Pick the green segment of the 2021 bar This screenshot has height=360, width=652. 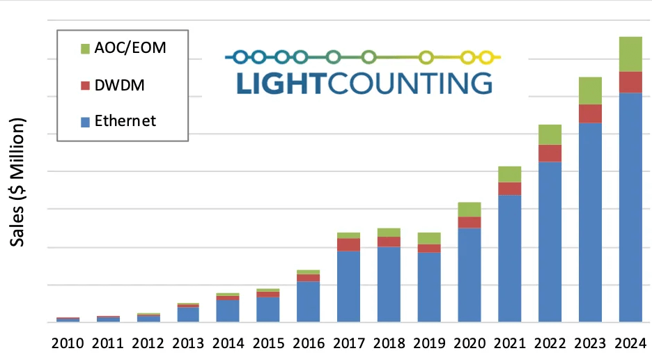pos(509,174)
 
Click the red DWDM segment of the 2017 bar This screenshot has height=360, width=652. pos(348,244)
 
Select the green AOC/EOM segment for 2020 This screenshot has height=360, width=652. pos(469,209)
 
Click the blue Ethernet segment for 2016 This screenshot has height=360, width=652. pos(308,302)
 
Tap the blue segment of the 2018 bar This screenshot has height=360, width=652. pos(389,284)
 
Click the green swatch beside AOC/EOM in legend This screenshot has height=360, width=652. pos(85,48)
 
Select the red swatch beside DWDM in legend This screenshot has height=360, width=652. pos(85,85)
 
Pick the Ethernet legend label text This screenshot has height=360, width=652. pos(125,121)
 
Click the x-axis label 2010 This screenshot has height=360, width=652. pos(68,343)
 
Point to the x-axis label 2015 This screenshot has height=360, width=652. pos(268,343)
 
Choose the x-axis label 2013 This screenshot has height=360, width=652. pos(188,343)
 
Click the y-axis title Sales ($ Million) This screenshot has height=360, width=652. pos(17,182)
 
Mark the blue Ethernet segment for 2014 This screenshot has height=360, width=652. pos(228,311)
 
